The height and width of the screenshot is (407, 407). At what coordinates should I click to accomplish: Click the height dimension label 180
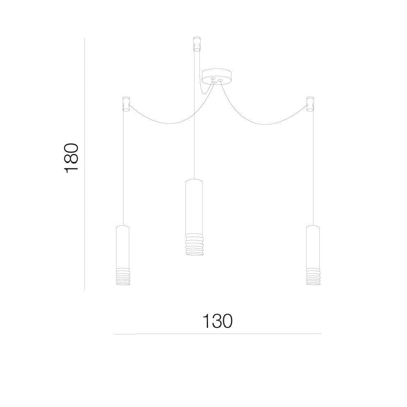[71, 158]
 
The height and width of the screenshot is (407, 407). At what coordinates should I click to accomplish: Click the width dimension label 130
[217, 321]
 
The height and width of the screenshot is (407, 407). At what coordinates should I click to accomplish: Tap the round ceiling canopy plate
[217, 77]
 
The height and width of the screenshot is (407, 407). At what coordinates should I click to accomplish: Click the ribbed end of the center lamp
[194, 245]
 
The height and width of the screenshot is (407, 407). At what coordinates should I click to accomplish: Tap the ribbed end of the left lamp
[123, 277]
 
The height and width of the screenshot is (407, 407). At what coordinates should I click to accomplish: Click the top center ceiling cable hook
[197, 43]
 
